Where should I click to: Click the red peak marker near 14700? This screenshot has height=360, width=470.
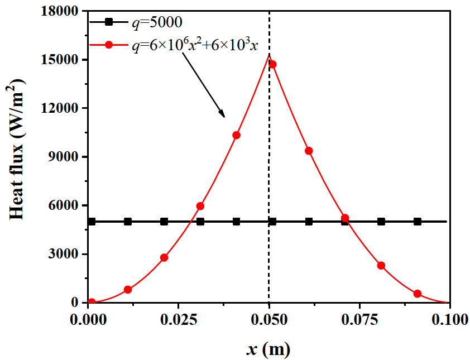pos(272,64)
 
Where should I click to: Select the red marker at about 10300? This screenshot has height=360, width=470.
pos(236,135)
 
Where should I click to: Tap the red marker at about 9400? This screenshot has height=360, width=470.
pos(309,151)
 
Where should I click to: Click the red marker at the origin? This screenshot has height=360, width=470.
pos(92,302)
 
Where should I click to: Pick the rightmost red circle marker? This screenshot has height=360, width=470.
pos(417,294)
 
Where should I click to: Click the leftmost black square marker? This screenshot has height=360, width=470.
pos(92,222)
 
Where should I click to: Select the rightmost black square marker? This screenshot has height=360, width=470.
pos(417,222)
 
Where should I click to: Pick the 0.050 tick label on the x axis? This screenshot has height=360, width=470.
pos(269,320)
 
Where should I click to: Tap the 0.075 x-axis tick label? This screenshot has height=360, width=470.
pos(359,320)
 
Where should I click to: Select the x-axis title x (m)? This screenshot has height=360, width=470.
pos(268,349)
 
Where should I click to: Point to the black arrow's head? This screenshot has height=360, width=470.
pos(224,116)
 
